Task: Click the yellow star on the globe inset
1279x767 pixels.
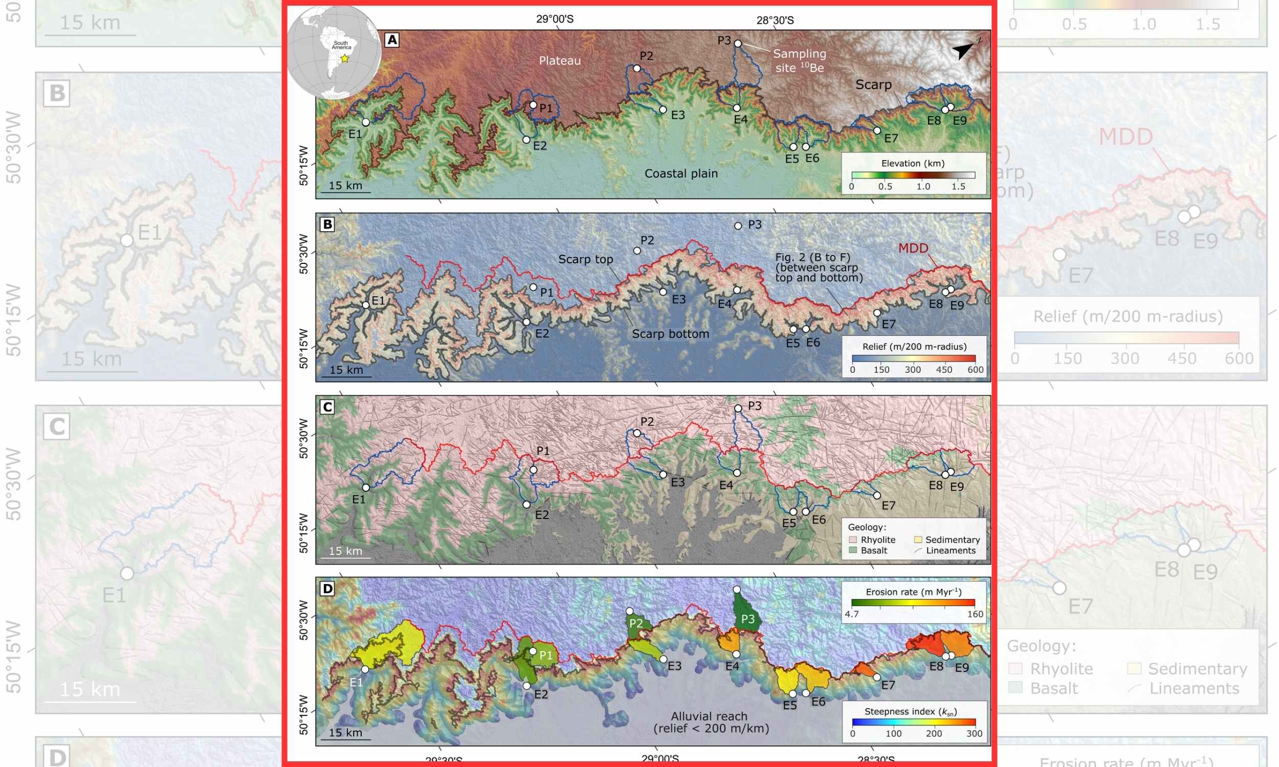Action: pos(345,58)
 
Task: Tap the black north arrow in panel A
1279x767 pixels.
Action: pos(963,50)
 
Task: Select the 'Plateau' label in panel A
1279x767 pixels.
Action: pos(560,61)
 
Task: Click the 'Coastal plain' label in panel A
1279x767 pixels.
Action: pos(681,174)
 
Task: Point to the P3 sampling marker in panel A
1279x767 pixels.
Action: pos(738,44)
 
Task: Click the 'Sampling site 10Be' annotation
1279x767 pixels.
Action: pos(799,60)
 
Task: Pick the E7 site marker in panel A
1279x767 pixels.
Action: pos(877,131)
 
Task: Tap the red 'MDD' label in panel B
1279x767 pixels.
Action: pos(913,249)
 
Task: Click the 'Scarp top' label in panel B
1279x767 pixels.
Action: pos(586,259)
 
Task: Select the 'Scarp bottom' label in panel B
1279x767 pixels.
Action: pos(671,334)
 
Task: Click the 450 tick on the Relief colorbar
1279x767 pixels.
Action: pos(944,370)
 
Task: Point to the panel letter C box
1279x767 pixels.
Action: pos(328,407)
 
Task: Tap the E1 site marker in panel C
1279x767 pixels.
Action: pos(366,488)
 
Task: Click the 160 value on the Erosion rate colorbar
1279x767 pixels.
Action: pos(975,615)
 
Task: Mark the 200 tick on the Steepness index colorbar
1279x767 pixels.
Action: pos(934,734)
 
